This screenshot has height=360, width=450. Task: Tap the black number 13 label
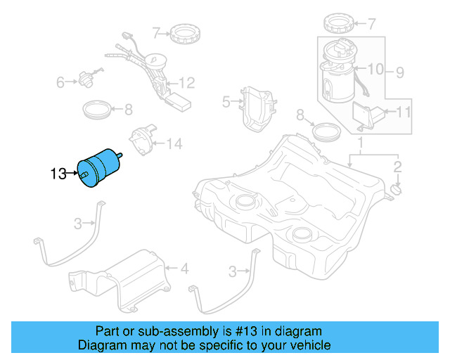coord(58,173)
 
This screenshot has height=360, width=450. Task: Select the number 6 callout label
coord(60,83)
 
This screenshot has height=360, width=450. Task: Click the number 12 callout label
coord(186,82)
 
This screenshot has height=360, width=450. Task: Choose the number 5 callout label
coord(226,102)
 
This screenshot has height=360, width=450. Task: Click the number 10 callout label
coord(375,69)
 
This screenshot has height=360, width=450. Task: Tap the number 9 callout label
coord(399,72)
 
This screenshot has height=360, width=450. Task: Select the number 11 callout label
coord(403,112)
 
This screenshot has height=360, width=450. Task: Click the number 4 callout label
coord(184,268)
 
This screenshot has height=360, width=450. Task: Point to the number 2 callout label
coord(397,167)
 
